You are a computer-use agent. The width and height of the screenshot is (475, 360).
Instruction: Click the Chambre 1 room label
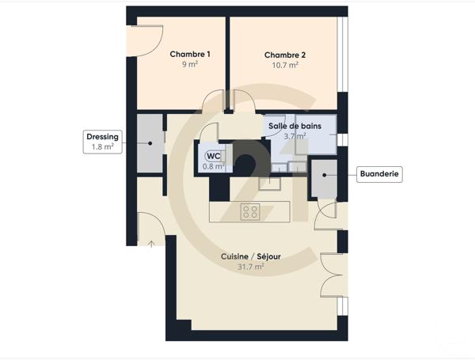(190, 55)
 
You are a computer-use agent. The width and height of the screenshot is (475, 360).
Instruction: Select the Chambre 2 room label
(285, 55)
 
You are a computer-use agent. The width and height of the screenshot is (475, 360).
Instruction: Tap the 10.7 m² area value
(285, 66)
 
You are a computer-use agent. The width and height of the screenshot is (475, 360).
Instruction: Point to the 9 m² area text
(190, 66)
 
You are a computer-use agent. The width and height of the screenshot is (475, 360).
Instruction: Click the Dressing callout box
(102, 142)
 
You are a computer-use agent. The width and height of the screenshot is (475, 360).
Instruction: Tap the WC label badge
(214, 155)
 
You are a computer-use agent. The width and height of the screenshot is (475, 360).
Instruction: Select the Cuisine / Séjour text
(250, 256)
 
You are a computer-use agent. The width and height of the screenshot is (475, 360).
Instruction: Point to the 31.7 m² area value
(250, 267)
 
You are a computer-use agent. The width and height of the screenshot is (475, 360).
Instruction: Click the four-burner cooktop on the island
(250, 210)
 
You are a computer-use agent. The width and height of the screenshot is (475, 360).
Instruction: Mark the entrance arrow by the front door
(151, 243)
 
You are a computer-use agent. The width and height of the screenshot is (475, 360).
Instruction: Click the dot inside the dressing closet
(150, 142)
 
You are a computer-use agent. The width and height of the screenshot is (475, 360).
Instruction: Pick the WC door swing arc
(208, 131)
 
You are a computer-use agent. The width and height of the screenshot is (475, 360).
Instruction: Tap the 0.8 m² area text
(214, 166)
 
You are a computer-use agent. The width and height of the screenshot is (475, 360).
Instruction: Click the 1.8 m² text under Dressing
(102, 147)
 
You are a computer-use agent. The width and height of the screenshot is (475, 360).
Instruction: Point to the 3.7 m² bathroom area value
(294, 136)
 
